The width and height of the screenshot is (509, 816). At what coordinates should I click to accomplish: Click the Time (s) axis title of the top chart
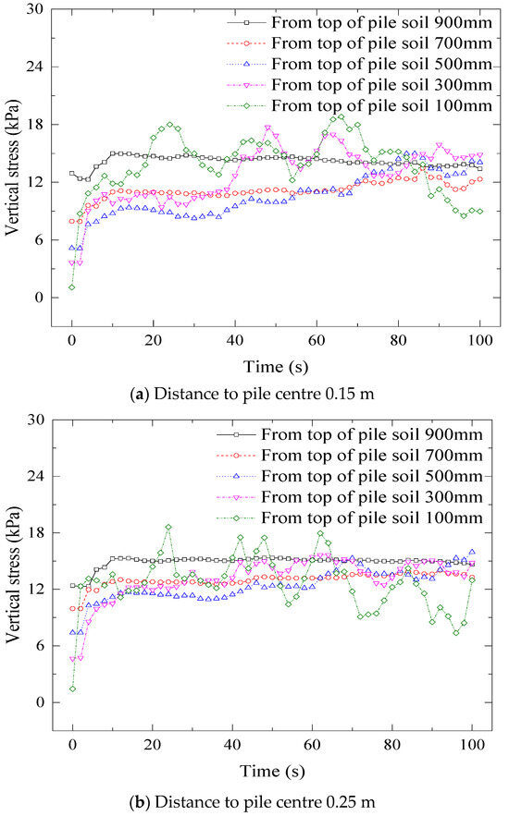(270, 363)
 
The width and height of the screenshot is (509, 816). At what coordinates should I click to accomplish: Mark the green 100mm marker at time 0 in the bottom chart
(72, 689)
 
